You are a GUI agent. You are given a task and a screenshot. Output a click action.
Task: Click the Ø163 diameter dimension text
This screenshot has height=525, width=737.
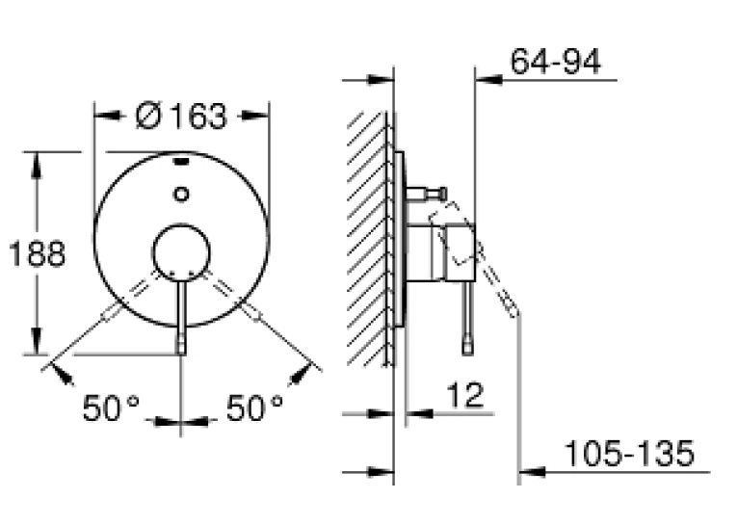point(181,117)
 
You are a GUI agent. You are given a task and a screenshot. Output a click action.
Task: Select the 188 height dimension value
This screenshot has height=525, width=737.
point(38,253)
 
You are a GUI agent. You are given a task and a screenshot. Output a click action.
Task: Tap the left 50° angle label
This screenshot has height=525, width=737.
point(112,407)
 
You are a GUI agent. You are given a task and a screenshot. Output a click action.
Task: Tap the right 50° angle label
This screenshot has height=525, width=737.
point(254,407)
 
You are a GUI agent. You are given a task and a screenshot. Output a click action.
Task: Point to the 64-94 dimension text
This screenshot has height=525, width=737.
point(556,61)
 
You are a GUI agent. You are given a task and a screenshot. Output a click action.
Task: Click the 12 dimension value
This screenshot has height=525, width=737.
point(464,395)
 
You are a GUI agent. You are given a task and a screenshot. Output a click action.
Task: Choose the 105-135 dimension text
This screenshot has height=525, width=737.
point(629,453)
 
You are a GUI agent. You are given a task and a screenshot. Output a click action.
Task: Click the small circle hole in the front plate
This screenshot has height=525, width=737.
point(181,194)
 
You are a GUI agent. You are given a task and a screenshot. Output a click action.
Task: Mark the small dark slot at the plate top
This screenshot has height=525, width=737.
point(182,163)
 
